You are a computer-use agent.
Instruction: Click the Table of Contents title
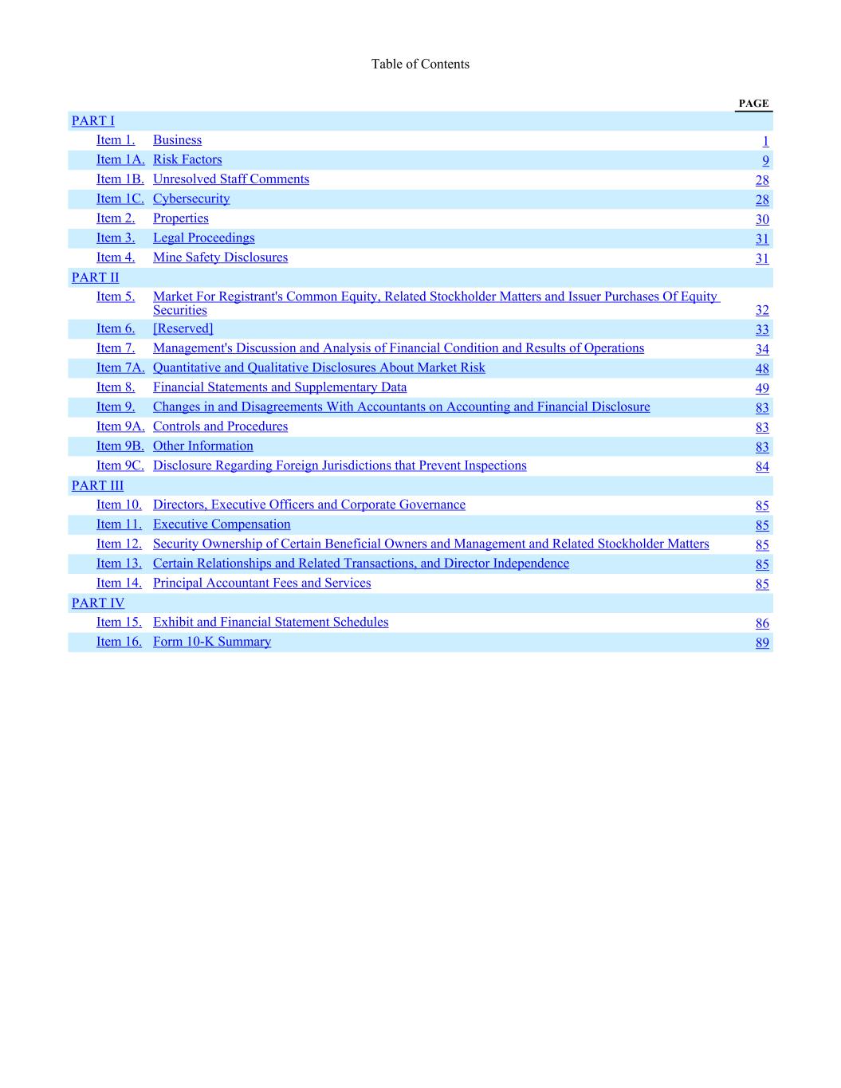(420, 65)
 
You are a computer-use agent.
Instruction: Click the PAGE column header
(753, 104)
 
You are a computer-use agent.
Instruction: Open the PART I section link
(93, 121)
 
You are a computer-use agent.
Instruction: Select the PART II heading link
(95, 277)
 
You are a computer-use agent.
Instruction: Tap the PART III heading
(97, 485)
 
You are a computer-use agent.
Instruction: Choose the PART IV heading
(98, 603)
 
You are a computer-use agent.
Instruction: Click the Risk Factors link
(187, 160)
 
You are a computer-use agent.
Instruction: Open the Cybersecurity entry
(191, 199)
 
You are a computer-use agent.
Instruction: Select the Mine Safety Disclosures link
(220, 257)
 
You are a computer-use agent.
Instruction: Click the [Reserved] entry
(183, 328)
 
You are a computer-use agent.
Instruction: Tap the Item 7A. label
(120, 367)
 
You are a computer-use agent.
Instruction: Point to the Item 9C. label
(120, 465)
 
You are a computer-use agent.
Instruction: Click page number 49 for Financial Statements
(762, 388)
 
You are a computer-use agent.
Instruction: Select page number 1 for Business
(765, 142)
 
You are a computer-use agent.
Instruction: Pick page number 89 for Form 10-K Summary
(762, 643)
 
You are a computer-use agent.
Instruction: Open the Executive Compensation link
(222, 524)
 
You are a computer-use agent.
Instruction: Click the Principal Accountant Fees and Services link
(261, 583)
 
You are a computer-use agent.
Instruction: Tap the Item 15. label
(119, 623)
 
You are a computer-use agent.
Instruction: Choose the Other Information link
(202, 446)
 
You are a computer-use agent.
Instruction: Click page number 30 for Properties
(762, 220)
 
